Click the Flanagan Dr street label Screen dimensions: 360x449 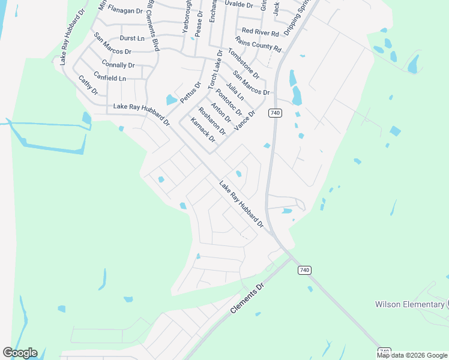click(126, 10)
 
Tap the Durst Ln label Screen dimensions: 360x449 click(133, 38)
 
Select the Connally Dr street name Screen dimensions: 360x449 click(118, 65)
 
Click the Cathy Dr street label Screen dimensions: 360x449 click(88, 86)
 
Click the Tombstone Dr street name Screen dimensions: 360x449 click(243, 64)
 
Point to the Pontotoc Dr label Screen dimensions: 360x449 click(228, 103)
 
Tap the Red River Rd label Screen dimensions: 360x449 click(260, 32)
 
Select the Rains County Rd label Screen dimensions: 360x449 click(258, 44)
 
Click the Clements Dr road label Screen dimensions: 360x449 click(247, 299)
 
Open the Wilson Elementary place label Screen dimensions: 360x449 click(410, 304)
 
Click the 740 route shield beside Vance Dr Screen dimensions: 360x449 click(276, 113)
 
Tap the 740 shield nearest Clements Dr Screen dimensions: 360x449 click(304, 271)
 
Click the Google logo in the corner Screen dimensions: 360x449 click(20, 353)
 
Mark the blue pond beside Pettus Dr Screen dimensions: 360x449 click(172, 100)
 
